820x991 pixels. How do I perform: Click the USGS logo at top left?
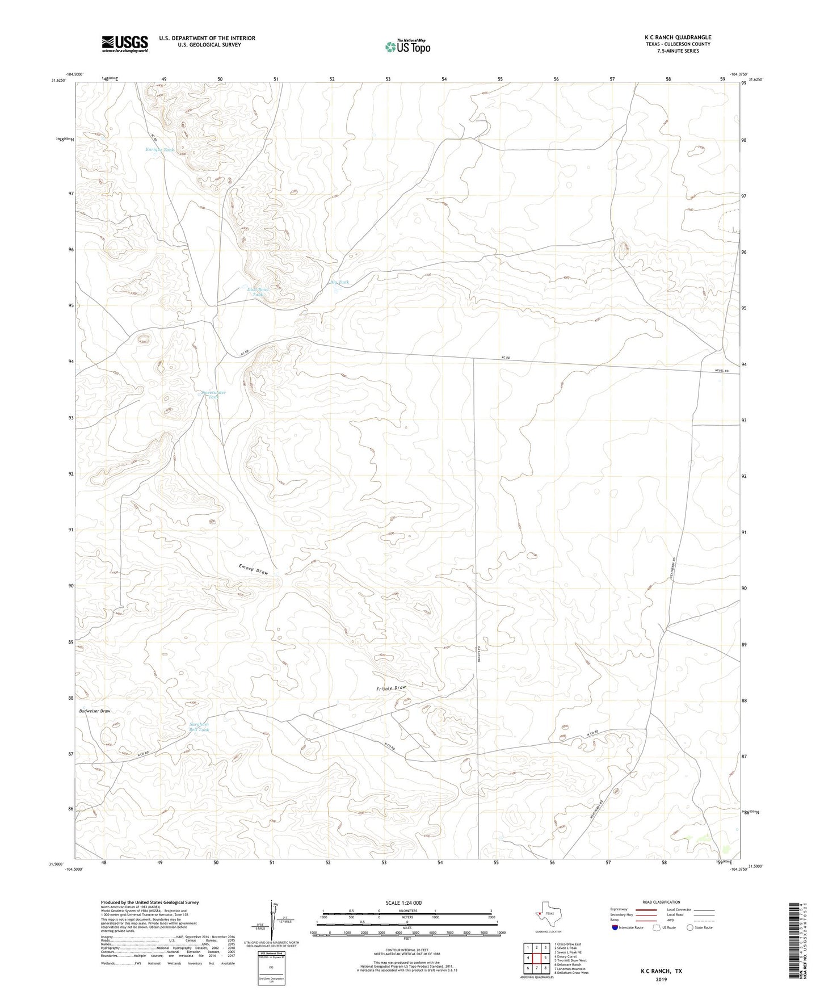(125, 43)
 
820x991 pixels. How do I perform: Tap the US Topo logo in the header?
(407, 47)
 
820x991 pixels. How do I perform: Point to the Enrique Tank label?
(159, 149)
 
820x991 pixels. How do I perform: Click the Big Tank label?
(339, 282)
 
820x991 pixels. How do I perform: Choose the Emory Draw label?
(253, 569)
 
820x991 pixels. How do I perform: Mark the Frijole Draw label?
(391, 688)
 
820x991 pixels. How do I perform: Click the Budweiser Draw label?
(95, 711)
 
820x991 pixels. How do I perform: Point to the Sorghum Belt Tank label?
(199, 727)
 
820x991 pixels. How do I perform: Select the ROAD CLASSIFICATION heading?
(661, 902)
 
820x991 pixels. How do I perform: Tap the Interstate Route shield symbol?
(615, 927)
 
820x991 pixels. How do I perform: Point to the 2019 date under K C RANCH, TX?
(661, 979)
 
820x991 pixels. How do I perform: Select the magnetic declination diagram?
(273, 922)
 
